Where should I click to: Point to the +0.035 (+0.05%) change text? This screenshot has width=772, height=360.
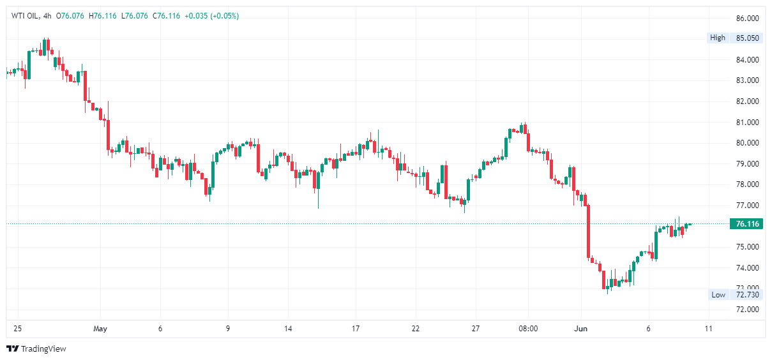(211, 16)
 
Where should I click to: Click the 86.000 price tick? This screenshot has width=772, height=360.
(747, 18)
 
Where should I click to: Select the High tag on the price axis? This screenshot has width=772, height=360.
(718, 38)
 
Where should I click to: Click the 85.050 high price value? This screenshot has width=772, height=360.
(747, 38)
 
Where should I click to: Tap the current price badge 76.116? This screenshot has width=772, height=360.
(747, 224)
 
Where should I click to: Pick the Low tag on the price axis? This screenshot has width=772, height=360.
(718, 294)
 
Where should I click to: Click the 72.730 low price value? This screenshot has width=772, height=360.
(747, 294)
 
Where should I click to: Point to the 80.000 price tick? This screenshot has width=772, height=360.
(747, 143)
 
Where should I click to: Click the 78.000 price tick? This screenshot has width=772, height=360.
(747, 184)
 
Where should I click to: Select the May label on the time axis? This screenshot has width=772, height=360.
(100, 329)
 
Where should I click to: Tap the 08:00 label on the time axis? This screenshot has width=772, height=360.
(528, 329)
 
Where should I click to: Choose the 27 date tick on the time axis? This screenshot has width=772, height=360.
(475, 329)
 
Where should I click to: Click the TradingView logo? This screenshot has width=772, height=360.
(36, 349)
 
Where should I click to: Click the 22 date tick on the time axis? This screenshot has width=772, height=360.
(416, 329)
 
